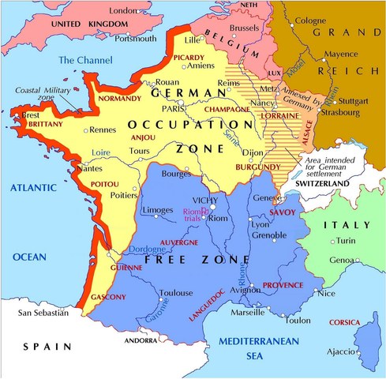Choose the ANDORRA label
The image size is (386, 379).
(141, 341)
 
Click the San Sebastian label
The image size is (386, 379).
(43, 313)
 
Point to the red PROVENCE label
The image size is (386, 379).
(282, 284)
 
